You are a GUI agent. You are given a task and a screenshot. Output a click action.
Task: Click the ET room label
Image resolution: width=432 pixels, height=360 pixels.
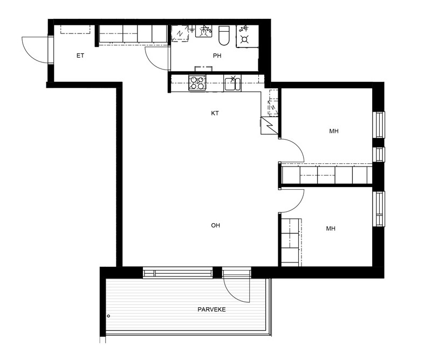pyautogui.click(x=80, y=56)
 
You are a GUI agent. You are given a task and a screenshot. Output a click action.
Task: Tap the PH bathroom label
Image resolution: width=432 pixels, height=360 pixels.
pyautogui.click(x=217, y=56)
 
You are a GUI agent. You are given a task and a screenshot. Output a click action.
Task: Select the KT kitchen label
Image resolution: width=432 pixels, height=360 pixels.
pyautogui.click(x=215, y=113)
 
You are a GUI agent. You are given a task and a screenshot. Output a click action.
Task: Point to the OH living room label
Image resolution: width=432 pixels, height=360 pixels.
pyautogui.click(x=215, y=225)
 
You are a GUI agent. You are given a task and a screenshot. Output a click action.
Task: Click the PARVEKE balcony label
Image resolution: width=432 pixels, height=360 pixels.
pyautogui.click(x=211, y=309)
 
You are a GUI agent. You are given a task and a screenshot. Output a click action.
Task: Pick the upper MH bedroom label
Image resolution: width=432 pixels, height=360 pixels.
pyautogui.click(x=334, y=131)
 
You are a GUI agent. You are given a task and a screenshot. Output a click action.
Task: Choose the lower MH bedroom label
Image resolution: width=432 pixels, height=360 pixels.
pyautogui.click(x=331, y=229)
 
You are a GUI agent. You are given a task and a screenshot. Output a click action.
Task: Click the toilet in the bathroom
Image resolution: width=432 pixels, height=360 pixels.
pyautogui.click(x=224, y=35)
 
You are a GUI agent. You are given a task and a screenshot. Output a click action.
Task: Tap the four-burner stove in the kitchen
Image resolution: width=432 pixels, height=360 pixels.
pyautogui.click(x=197, y=83)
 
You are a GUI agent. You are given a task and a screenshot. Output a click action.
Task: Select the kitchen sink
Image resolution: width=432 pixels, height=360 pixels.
pyautogui.click(x=232, y=84)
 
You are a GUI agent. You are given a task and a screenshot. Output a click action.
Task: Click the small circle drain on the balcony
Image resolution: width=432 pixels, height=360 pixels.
pyautogui.click(x=108, y=316)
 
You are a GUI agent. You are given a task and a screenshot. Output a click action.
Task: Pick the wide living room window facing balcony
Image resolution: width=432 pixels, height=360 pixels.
pyautogui.click(x=178, y=273)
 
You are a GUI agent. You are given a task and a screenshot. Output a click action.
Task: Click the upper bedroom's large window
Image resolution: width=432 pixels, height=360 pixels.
pyautogui.click(x=379, y=124)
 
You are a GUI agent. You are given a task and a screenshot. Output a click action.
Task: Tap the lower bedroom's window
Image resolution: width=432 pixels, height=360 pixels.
pyautogui.click(x=379, y=209)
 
